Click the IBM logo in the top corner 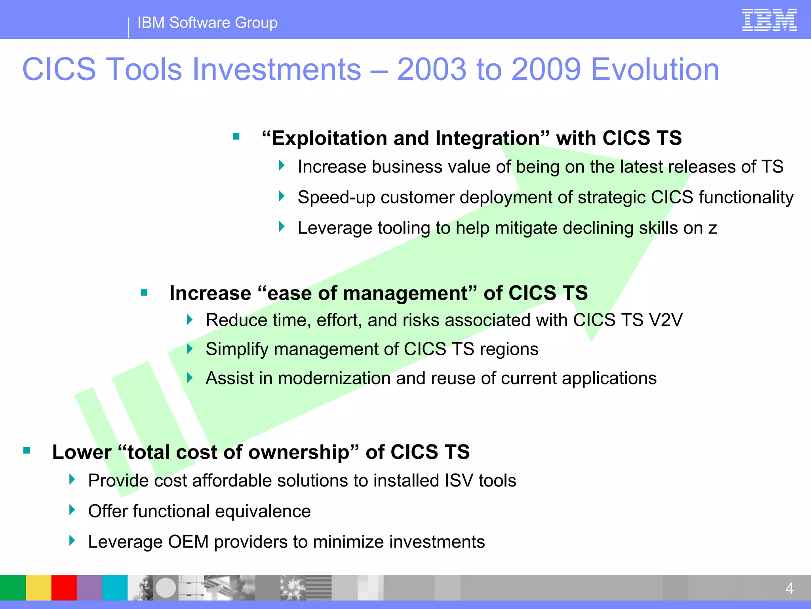click(769, 20)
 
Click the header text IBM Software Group click(207, 23)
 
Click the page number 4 click(789, 588)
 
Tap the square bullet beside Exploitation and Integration click(236, 137)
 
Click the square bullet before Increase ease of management click(144, 293)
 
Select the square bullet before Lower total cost click(27, 450)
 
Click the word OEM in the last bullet click(188, 542)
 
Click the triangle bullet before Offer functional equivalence click(72, 510)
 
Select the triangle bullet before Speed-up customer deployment click(282, 196)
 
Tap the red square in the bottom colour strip click(64, 588)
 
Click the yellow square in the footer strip click(38, 588)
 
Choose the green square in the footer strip click(13, 588)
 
